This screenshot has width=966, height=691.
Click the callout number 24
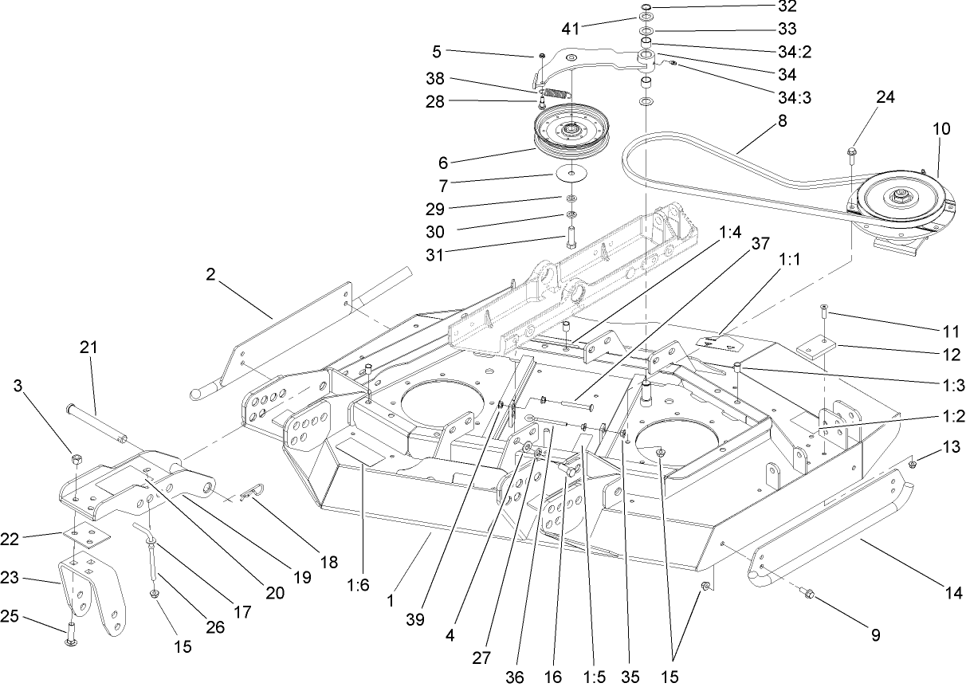885,97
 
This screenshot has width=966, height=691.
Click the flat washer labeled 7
571,173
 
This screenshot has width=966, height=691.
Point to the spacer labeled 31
571,238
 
